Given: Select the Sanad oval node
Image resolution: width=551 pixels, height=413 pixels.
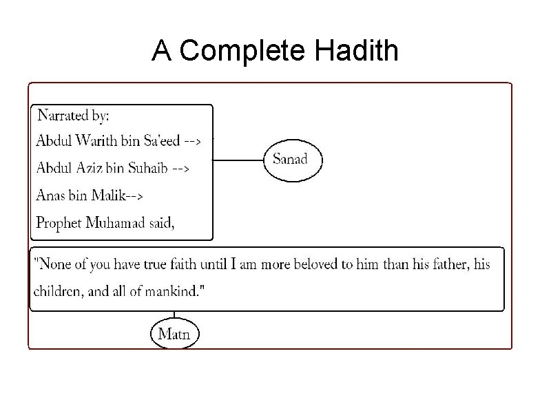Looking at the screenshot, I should pyautogui.click(x=290, y=160).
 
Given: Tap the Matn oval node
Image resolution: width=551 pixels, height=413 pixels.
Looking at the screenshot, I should pyautogui.click(x=174, y=335).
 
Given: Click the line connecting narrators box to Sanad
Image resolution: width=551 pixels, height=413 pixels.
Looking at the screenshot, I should pyautogui.click(x=238, y=160).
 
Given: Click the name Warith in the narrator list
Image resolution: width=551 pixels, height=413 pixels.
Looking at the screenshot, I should pyautogui.click(x=96, y=141).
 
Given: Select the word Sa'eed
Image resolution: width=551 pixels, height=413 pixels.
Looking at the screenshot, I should pyautogui.click(x=162, y=141).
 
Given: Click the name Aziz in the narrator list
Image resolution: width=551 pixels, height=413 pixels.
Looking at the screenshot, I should pyautogui.click(x=88, y=168).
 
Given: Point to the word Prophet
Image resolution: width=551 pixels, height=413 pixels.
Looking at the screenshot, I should pyautogui.click(x=59, y=222).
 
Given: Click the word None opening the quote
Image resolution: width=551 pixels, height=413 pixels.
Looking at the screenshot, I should pyautogui.click(x=52, y=264).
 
